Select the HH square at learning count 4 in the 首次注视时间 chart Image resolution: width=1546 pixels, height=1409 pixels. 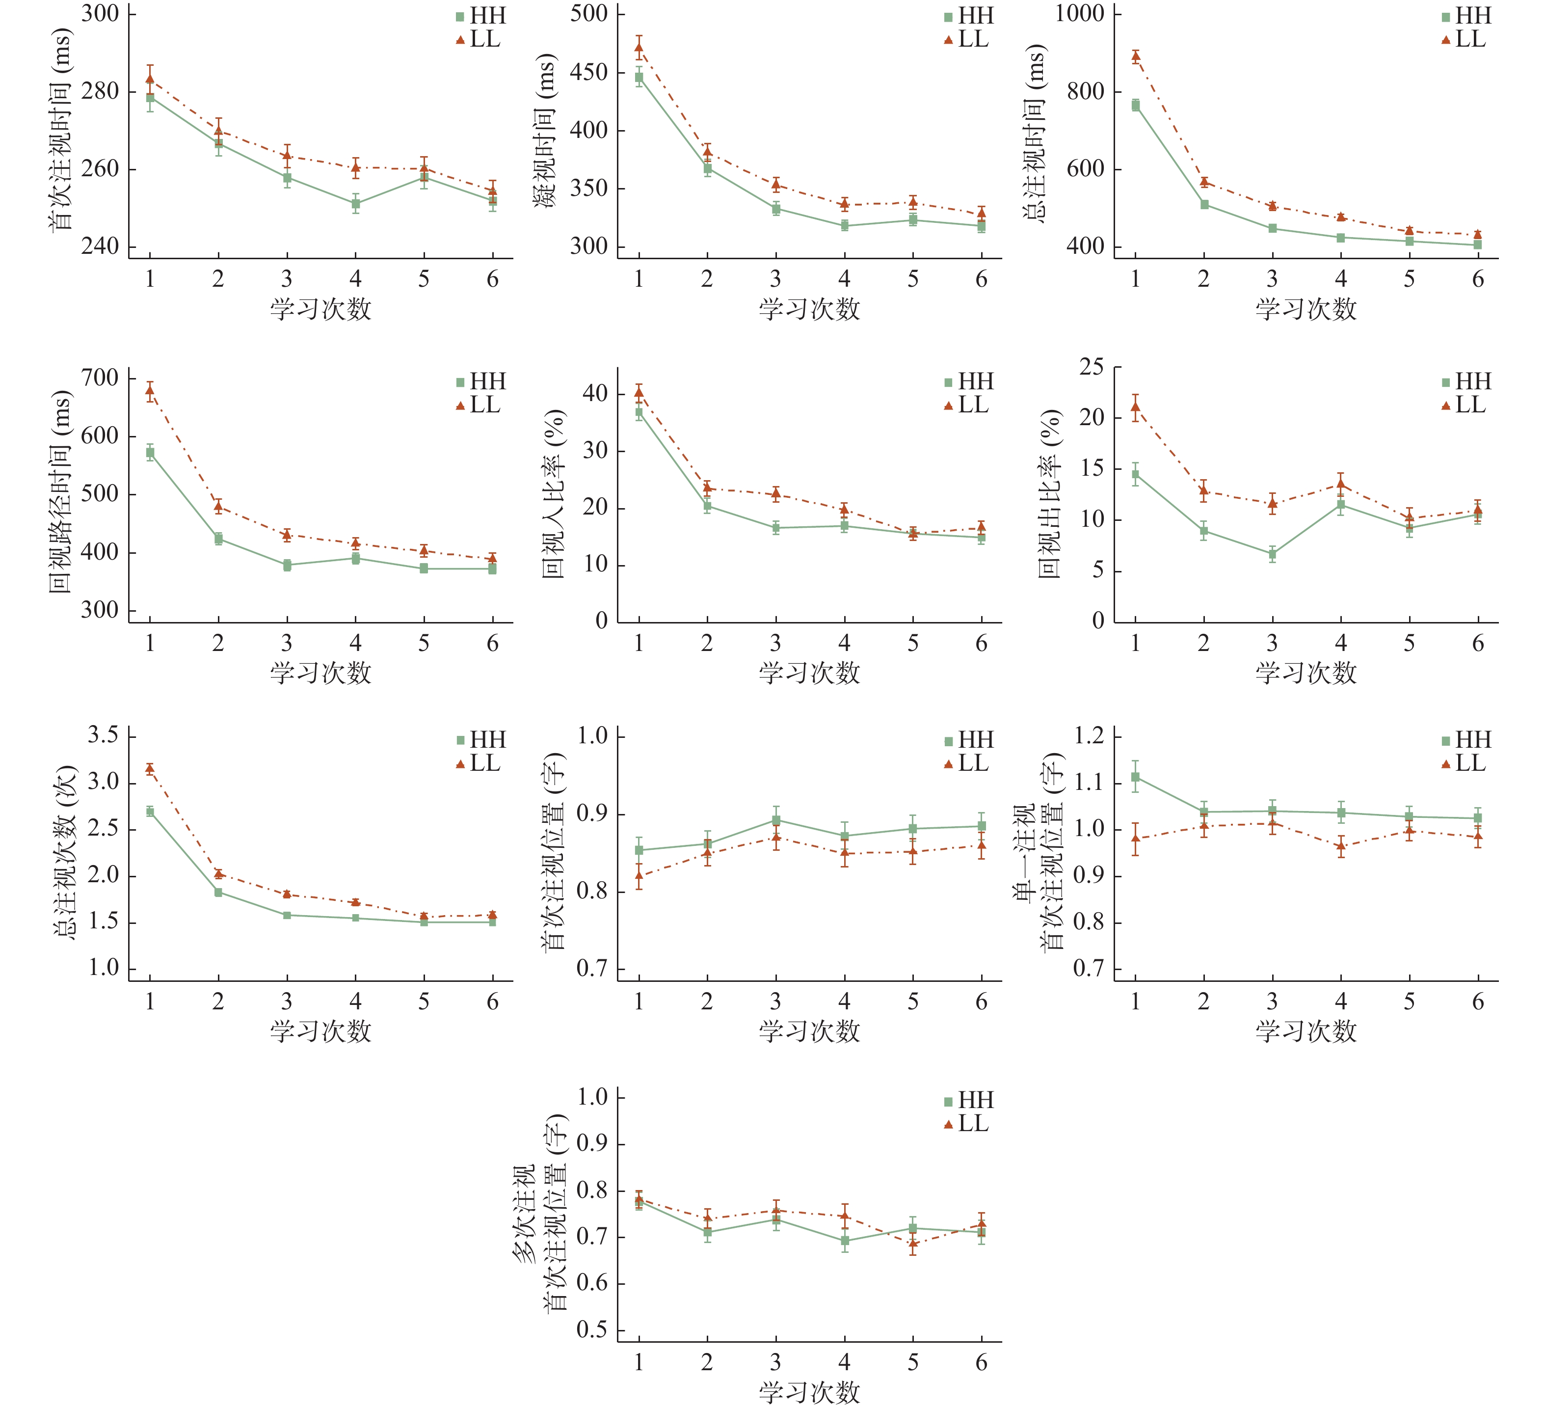tap(356, 204)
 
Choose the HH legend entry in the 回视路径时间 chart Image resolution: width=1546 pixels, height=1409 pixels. tap(481, 381)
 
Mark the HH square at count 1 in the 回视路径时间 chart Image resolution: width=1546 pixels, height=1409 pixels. tap(150, 453)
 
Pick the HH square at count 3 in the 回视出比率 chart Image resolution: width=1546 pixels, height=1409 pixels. tap(1272, 554)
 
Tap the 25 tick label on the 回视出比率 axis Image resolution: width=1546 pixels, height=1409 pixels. tap(1092, 367)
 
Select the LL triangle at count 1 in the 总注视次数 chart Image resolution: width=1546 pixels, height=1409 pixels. tap(150, 768)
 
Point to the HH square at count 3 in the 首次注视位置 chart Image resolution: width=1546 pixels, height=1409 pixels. tap(776, 820)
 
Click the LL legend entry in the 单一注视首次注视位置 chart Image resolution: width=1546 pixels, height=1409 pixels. tap(1463, 763)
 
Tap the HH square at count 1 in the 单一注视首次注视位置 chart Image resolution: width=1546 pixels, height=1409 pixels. tap(1136, 777)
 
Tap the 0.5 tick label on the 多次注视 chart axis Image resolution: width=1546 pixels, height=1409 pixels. tap(592, 1329)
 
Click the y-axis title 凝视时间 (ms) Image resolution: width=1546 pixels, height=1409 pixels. tap(544, 131)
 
